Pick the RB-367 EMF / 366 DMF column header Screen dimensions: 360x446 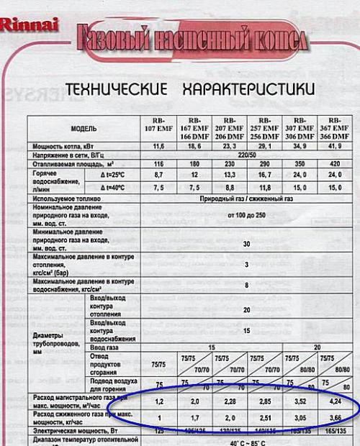pos(336,127)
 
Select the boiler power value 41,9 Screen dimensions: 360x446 pos(336,145)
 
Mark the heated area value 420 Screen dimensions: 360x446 pos(336,164)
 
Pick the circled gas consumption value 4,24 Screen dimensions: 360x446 pos(336,399)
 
